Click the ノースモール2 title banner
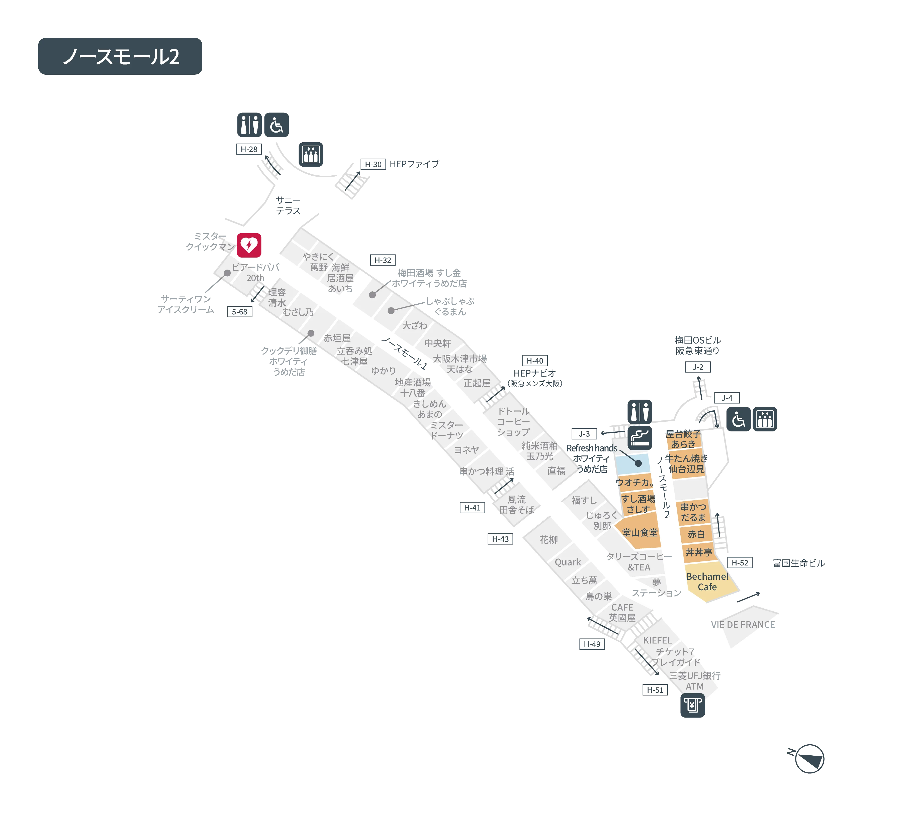[x=120, y=56]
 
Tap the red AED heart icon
[x=249, y=245]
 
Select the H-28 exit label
[x=249, y=149]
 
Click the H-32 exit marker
[x=383, y=260]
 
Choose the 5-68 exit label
[x=239, y=311]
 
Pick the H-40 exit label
[x=535, y=361]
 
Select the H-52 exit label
[x=740, y=562]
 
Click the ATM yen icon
[x=692, y=706]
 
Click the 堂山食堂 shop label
[x=640, y=533]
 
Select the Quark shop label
[x=568, y=562]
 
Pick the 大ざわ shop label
[x=414, y=325]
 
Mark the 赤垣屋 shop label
[x=337, y=338]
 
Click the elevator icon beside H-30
[x=311, y=154]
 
